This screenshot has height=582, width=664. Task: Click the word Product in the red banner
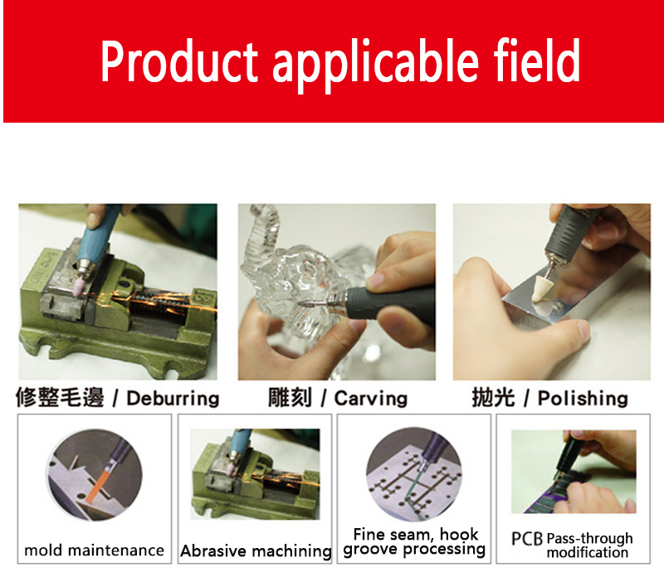coord(179,61)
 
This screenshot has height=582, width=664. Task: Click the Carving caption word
coord(370,399)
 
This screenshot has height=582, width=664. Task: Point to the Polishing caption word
coord(583,398)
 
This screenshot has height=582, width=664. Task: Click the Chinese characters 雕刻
coord(290,397)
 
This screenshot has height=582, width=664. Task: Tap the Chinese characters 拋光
coord(493,397)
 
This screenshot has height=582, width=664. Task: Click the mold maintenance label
coord(94,550)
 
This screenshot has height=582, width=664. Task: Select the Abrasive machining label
coord(256,550)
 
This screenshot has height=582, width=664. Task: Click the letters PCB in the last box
coord(527,539)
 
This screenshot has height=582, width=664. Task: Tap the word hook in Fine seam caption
coord(460,534)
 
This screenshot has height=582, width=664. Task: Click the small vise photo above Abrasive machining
coord(255,473)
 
